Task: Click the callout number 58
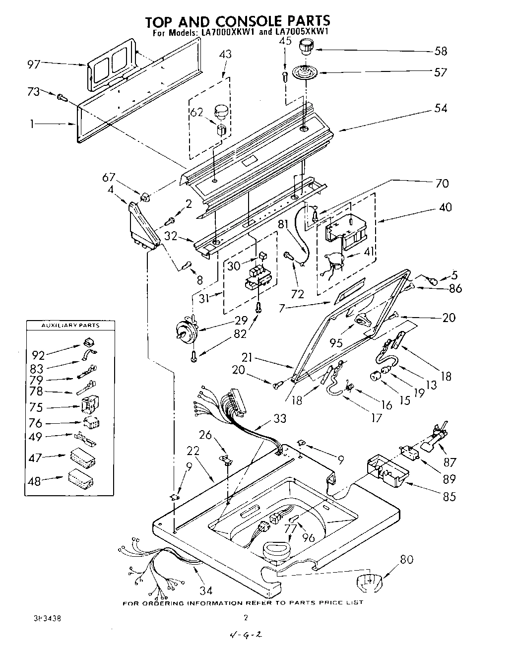pyautogui.click(x=440, y=51)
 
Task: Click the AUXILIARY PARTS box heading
pyautogui.click(x=71, y=326)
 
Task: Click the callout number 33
pyautogui.click(x=280, y=418)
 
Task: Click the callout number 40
pyautogui.click(x=445, y=206)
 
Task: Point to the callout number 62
pyautogui.click(x=197, y=112)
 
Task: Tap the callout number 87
pyautogui.click(x=450, y=462)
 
